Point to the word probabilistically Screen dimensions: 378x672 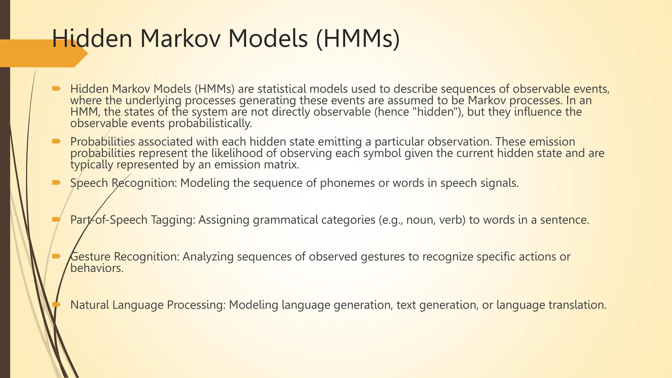click(x=210, y=123)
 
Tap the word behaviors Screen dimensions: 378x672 click(x=97, y=268)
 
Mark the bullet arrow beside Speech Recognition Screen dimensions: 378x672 click(x=56, y=182)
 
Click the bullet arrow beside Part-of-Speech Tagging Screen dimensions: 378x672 click(x=56, y=219)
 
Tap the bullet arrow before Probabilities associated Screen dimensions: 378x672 click(x=56, y=141)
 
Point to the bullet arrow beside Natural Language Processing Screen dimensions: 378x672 click(x=56, y=304)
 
